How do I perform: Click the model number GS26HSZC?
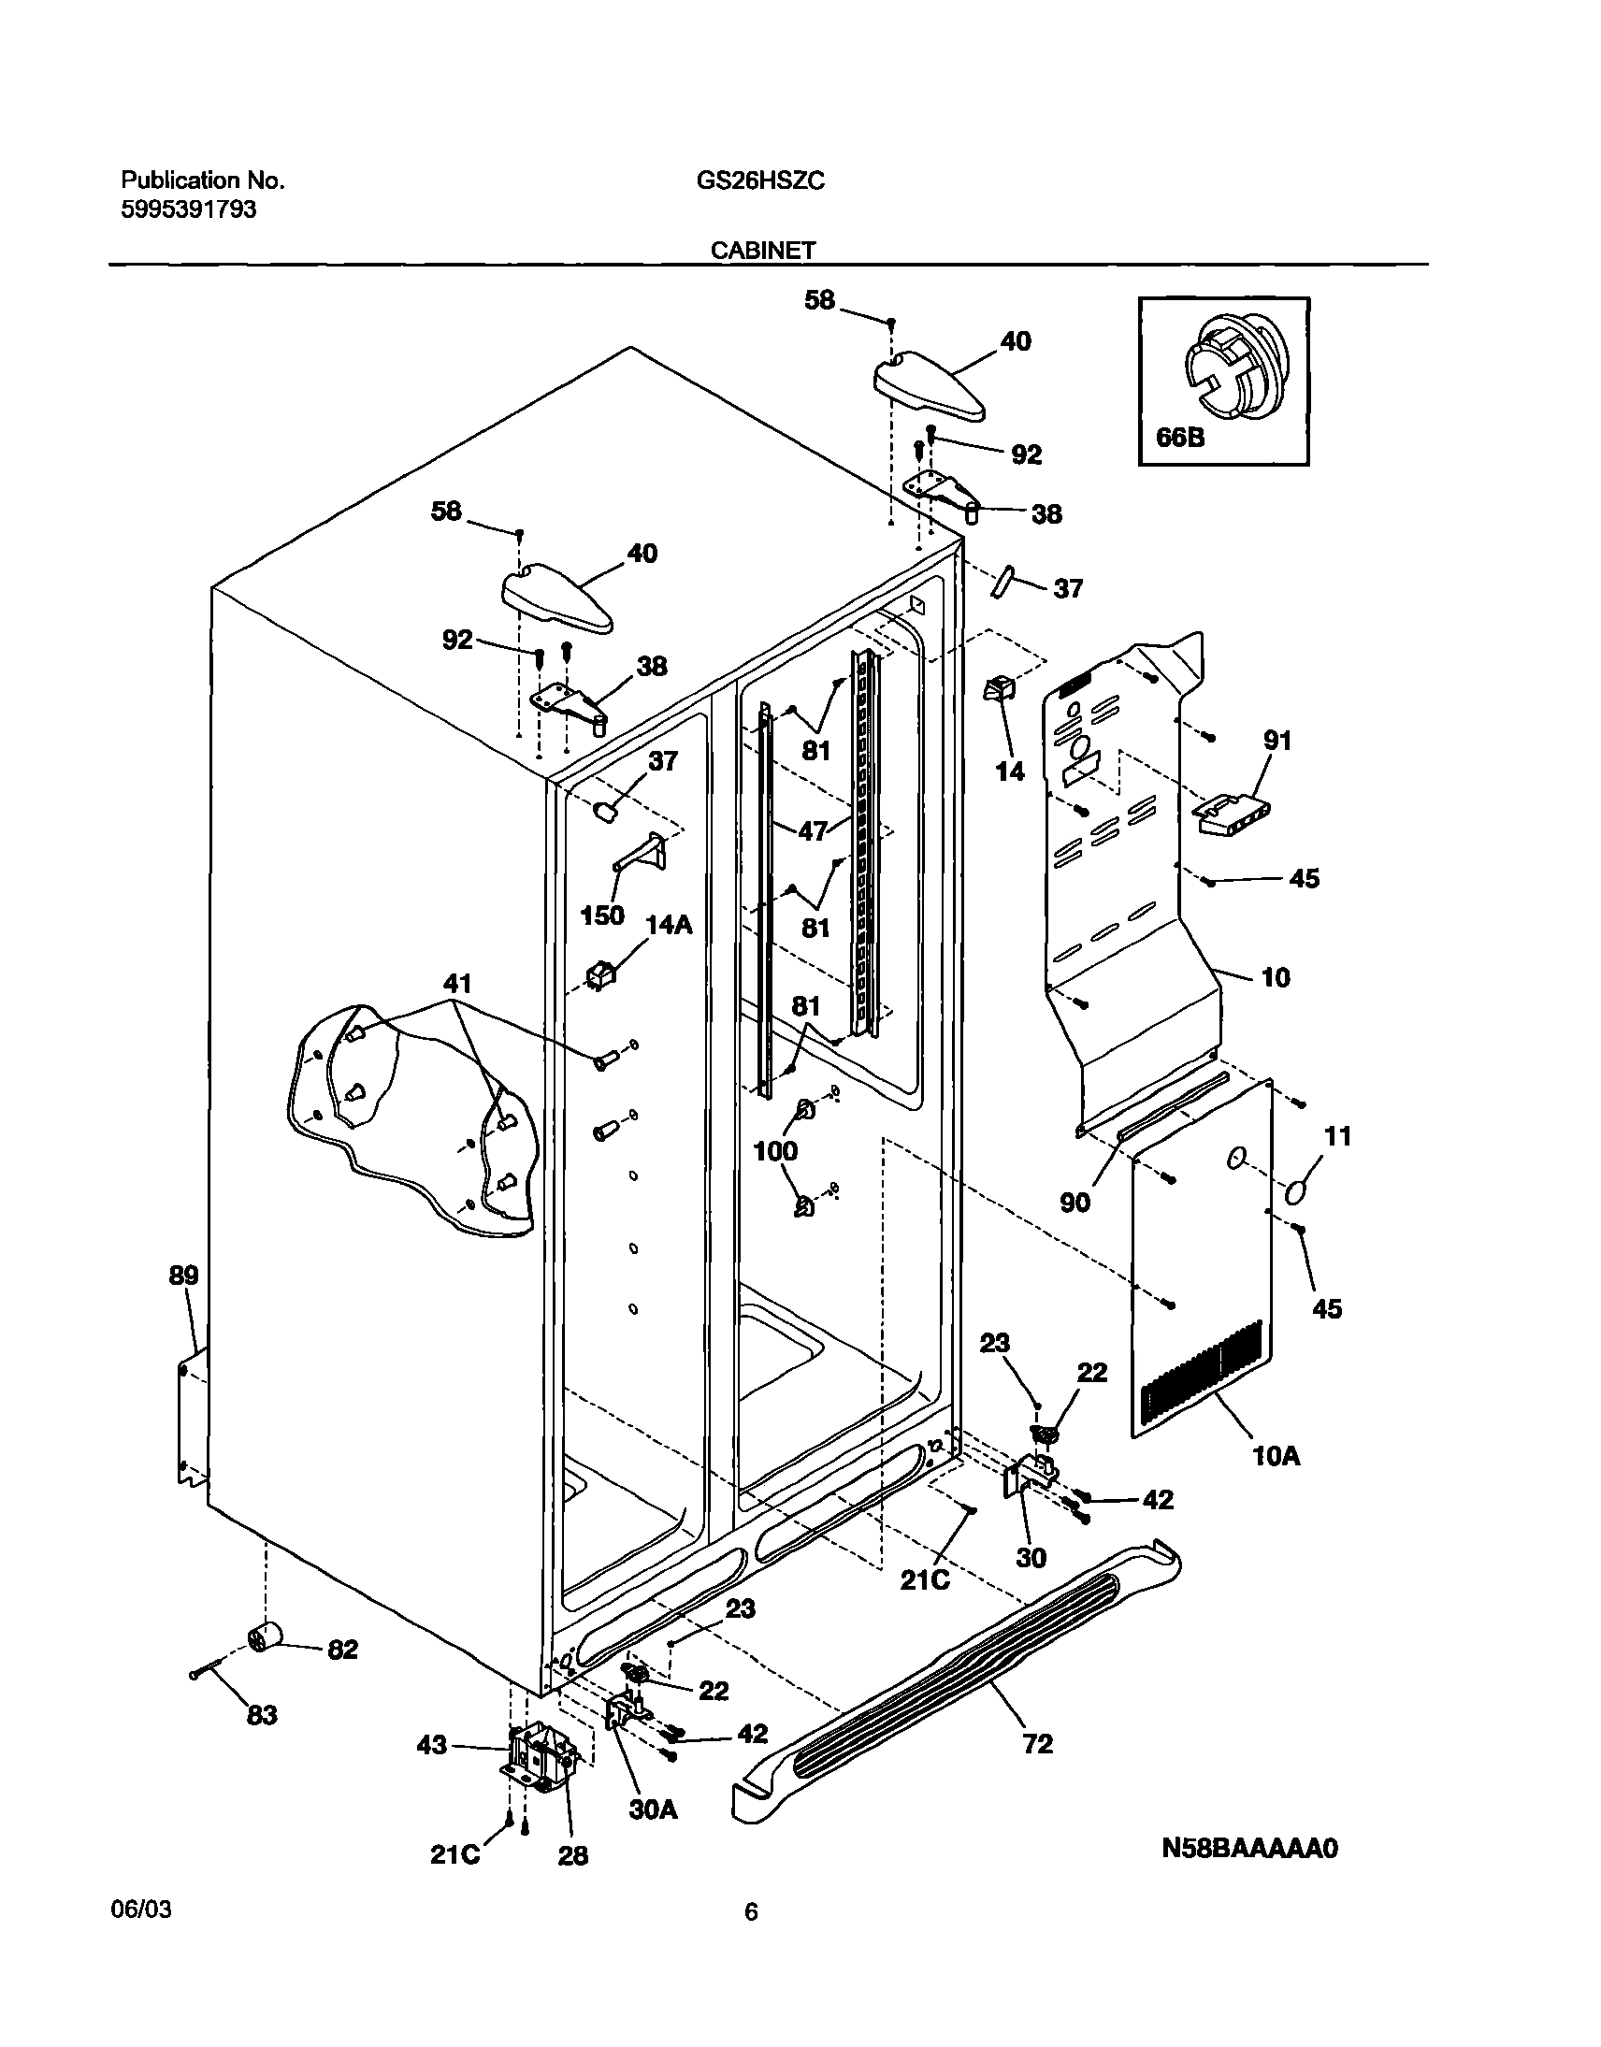(x=759, y=180)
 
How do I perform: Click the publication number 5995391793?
(x=188, y=210)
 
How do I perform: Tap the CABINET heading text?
(x=762, y=251)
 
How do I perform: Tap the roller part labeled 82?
(x=267, y=1639)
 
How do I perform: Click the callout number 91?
(x=1276, y=741)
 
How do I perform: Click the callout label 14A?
(x=669, y=925)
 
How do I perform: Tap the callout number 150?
(x=602, y=915)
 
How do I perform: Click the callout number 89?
(x=183, y=1276)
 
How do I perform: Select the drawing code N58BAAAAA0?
(x=1249, y=1849)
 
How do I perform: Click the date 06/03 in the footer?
(x=146, y=1910)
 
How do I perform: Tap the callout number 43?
(x=431, y=1745)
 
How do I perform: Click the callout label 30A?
(x=653, y=1809)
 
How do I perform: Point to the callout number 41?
(x=456, y=983)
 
